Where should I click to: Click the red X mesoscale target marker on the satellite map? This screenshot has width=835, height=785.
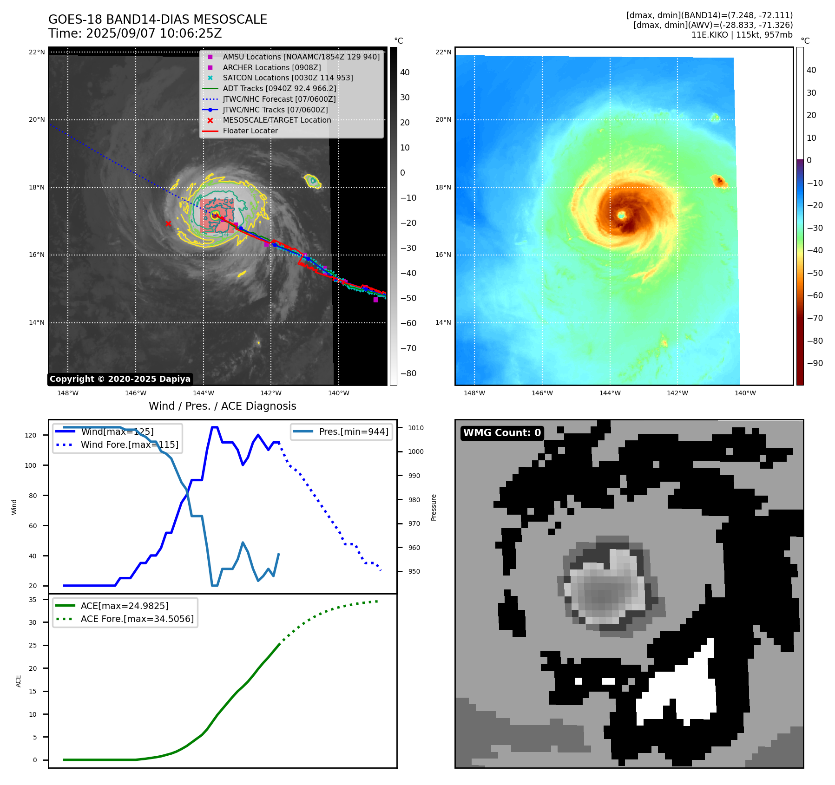point(168,224)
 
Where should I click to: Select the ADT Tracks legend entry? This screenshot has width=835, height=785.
point(279,88)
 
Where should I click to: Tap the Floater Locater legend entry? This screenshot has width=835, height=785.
point(250,131)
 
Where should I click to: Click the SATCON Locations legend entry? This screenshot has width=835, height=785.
point(288,78)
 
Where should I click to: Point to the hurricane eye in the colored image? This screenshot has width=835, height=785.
point(622,215)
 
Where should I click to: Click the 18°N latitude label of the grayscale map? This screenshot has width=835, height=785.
point(37,188)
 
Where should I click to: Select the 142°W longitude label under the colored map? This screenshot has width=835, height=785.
point(677,393)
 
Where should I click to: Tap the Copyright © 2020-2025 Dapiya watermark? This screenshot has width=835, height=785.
point(120,379)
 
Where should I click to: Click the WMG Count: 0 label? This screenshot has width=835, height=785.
point(502,433)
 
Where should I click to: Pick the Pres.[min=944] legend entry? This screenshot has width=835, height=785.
point(353,432)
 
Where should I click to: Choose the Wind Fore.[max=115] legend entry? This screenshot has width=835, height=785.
point(129,445)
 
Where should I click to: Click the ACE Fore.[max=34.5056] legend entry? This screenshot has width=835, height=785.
point(137,619)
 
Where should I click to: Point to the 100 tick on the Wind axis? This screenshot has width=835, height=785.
point(31,465)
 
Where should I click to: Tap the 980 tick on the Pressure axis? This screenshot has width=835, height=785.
point(414,500)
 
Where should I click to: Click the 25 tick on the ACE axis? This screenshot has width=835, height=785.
point(33,645)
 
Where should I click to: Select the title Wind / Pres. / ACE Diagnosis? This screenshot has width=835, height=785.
point(222,406)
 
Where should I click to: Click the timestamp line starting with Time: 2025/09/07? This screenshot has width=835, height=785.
point(135,33)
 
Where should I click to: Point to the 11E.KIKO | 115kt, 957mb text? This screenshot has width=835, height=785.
point(742,35)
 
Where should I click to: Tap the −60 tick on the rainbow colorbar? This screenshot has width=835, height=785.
point(815,295)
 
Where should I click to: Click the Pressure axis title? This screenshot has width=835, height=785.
point(434,507)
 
